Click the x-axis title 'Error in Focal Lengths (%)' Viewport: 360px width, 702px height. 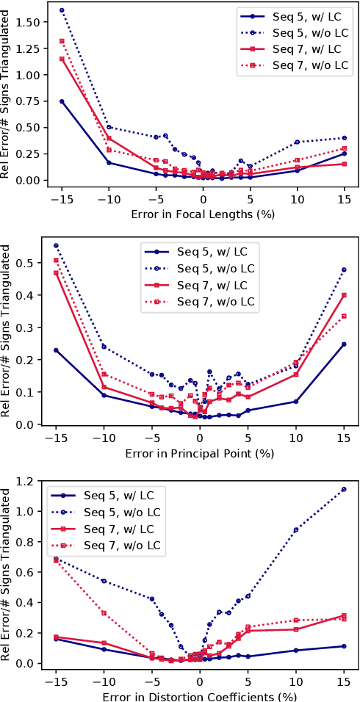[203, 215]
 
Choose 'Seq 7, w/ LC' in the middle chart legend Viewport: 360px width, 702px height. [212, 284]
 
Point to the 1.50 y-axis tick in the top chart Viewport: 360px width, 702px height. [30, 23]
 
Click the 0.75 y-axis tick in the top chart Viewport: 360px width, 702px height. [30, 101]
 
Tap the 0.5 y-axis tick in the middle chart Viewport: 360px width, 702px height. [35, 263]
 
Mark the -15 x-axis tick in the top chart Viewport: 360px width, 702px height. [62, 198]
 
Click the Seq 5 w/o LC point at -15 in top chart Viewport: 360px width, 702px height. [62, 10]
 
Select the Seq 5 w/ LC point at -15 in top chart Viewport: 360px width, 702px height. [62, 101]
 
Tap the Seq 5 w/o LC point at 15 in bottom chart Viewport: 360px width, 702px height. [344, 489]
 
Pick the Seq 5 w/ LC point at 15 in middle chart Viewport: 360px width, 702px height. [344, 344]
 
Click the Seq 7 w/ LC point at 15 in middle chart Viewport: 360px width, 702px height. [344, 295]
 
